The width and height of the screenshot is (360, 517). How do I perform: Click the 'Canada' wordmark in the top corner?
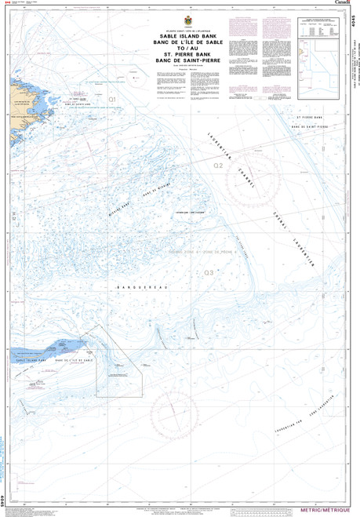342,4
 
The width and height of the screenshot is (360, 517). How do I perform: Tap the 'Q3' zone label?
208,272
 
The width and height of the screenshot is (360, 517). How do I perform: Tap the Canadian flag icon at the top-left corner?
6,3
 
